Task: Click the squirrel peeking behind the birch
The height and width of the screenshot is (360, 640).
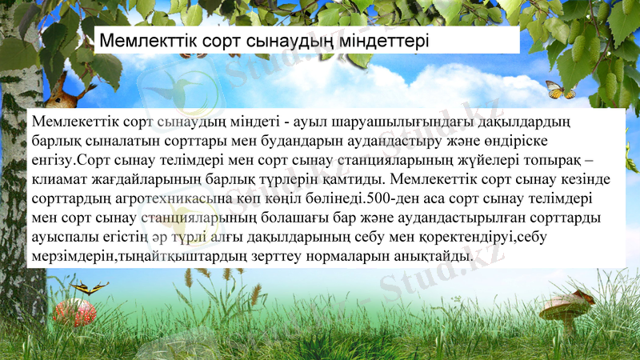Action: click(66, 94)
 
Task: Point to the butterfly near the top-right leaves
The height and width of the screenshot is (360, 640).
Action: click(559, 90)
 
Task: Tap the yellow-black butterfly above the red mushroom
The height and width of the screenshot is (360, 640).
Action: click(89, 287)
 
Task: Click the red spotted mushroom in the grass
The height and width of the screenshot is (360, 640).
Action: click(74, 310)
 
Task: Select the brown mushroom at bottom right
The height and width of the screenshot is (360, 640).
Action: click(570, 308)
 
